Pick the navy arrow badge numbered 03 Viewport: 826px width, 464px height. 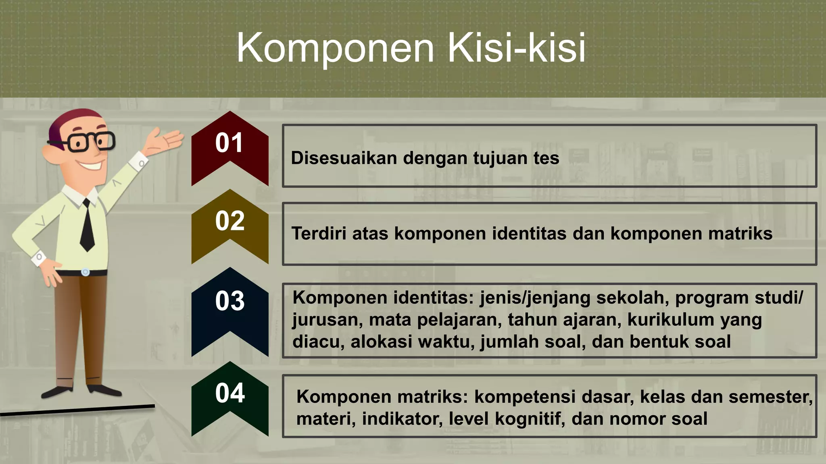point(229,308)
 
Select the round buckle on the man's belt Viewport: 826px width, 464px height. point(85,272)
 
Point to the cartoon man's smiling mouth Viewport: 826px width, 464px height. point(91,165)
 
